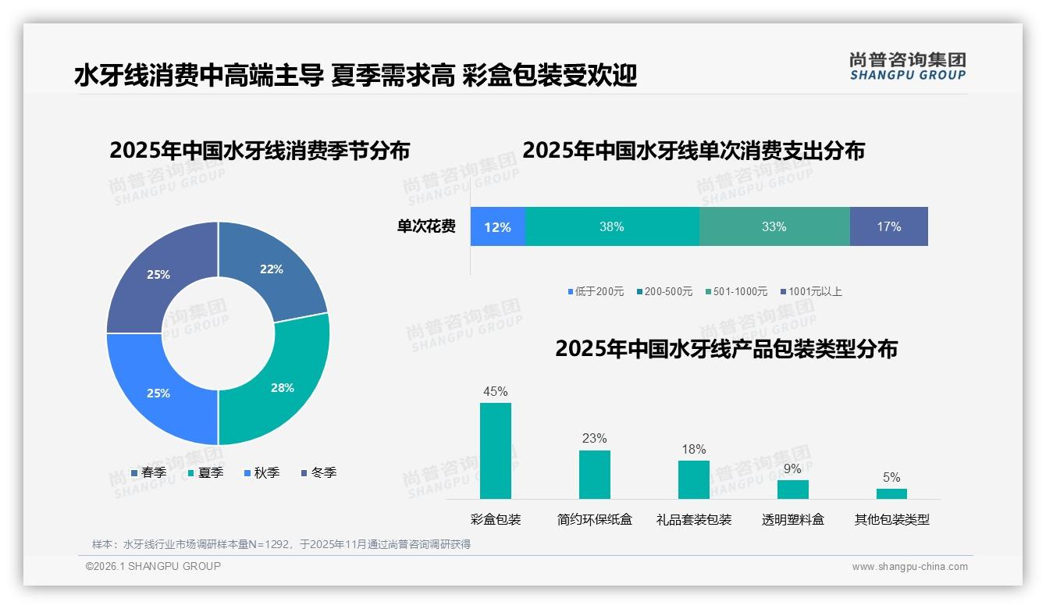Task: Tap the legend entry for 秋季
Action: click(261, 472)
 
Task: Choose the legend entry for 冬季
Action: click(318, 472)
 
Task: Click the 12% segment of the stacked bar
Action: click(497, 226)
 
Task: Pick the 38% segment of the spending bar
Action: click(612, 226)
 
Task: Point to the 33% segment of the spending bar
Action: click(774, 226)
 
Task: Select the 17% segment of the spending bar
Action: click(888, 226)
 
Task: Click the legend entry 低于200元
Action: click(596, 291)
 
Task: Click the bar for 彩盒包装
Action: click(496, 451)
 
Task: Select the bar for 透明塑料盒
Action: click(792, 489)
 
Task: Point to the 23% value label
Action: click(594, 438)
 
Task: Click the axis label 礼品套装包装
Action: click(694, 519)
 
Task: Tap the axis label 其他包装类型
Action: click(891, 519)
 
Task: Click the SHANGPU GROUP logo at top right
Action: click(907, 66)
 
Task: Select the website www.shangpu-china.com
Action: click(909, 567)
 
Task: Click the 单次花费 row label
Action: click(426, 226)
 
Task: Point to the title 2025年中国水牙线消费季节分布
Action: click(259, 150)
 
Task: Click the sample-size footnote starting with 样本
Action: click(281, 544)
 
